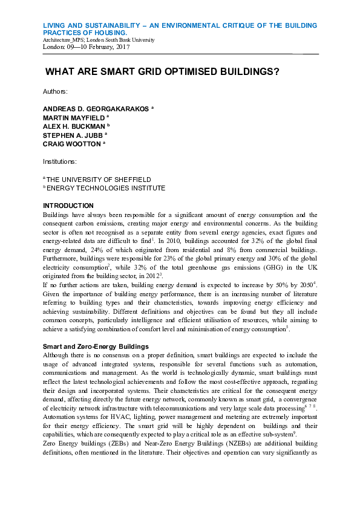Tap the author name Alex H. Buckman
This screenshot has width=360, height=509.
74,127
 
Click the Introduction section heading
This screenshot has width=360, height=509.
68,206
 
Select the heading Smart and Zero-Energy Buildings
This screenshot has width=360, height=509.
96,346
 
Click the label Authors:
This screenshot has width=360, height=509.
55,91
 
